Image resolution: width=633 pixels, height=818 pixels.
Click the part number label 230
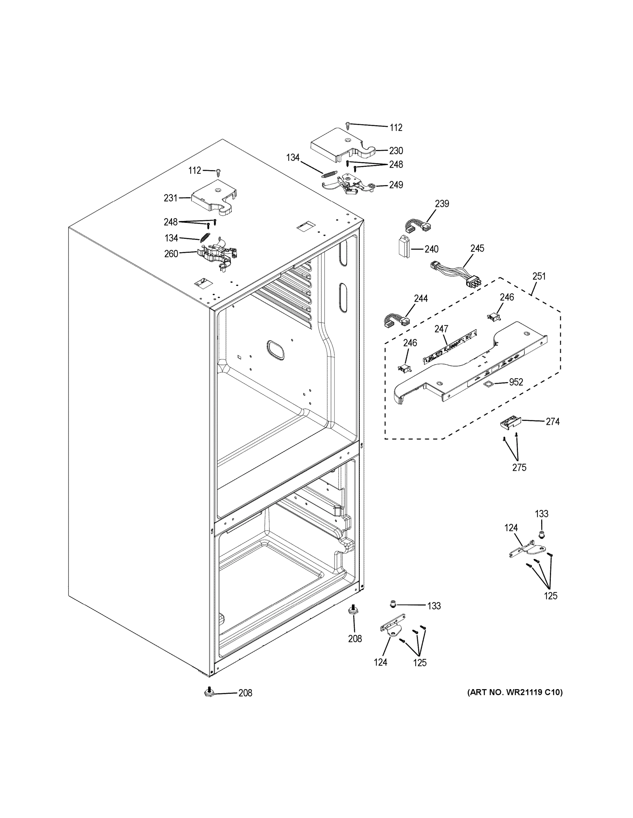coord(395,151)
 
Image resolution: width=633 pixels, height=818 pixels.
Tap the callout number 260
coord(171,254)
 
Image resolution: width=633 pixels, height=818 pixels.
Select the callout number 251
coord(539,276)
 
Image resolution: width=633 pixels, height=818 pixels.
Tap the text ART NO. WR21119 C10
coord(515,692)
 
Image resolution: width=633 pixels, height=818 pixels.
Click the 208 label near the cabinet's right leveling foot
coord(355,639)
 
